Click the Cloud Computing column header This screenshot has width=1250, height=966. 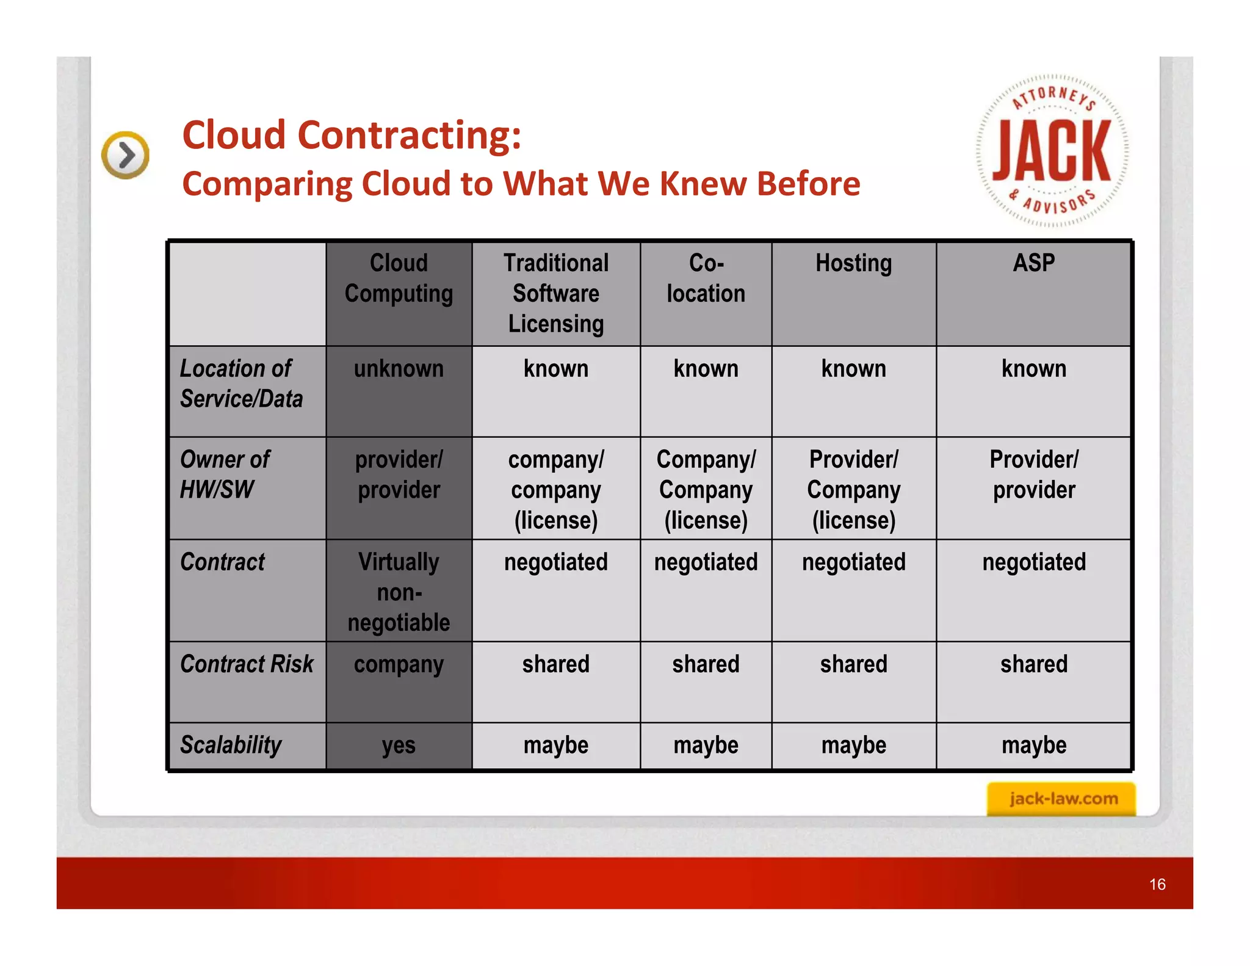click(399, 279)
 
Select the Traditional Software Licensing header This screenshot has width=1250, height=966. click(555, 294)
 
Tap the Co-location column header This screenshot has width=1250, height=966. click(706, 279)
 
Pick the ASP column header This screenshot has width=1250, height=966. click(1033, 264)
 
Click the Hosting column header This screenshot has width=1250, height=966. click(853, 264)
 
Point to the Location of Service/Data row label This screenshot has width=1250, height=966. click(242, 383)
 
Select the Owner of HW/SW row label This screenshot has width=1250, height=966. click(225, 474)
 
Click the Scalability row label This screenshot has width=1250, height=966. click(231, 745)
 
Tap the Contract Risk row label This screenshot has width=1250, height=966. click(247, 664)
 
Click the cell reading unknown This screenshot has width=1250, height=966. click(399, 369)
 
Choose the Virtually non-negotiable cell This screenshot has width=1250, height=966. click(399, 592)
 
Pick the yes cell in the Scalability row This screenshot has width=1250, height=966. click(399, 746)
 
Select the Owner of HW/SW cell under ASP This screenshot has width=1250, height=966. click(1033, 474)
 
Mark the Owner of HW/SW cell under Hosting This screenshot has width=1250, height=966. click(853, 489)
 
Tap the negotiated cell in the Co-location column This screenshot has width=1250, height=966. click(706, 562)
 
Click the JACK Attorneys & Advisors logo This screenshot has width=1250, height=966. click(1052, 151)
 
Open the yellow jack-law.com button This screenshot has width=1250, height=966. click(1062, 799)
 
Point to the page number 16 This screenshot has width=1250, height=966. click(1157, 884)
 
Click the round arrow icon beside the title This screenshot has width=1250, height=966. click(126, 155)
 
